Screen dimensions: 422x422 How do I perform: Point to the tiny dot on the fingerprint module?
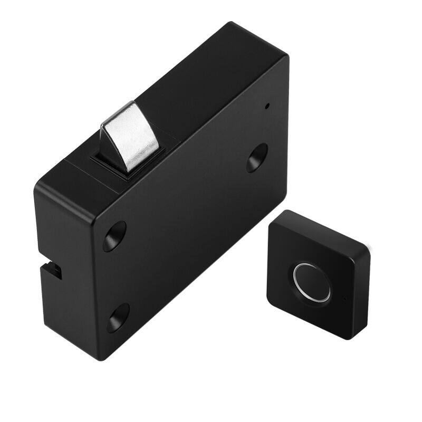point(344,299)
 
